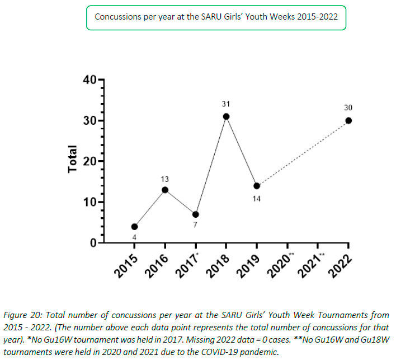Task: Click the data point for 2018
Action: tap(226, 116)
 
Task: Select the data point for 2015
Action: tap(134, 227)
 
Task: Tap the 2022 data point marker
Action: tap(348, 120)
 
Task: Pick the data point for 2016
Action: tap(165, 190)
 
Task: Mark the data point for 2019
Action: tap(257, 186)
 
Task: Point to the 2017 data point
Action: tap(196, 214)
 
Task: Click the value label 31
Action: tap(226, 104)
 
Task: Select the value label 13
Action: tap(165, 179)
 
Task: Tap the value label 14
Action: tap(257, 198)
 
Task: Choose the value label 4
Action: tap(134, 237)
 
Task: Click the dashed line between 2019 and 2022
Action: tap(303, 153)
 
